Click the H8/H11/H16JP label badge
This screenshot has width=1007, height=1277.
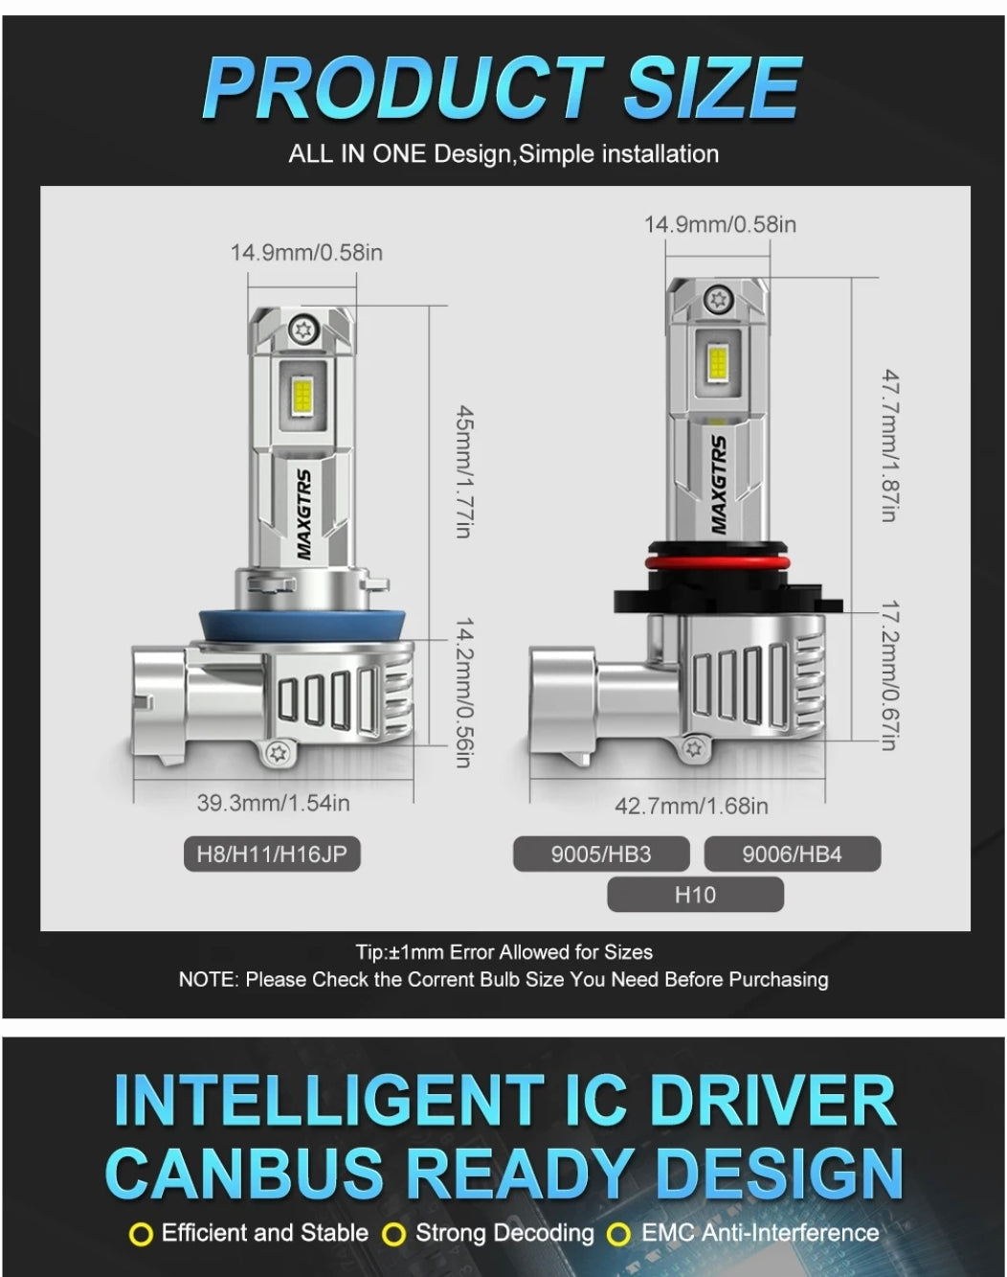point(272,854)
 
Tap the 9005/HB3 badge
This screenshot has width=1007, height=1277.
point(601,854)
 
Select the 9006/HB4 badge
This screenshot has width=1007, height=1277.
point(792,854)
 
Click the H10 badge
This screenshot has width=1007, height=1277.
point(695,894)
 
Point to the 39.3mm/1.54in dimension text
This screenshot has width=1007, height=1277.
point(274,803)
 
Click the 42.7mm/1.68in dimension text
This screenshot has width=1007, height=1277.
point(691,806)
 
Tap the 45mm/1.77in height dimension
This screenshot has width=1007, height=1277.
point(464,471)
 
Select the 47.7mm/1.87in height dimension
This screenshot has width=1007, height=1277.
point(891,445)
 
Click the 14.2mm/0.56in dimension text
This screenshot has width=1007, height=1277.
point(464,692)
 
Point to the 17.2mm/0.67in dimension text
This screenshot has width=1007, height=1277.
point(891,675)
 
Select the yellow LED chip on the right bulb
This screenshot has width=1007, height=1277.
point(718,367)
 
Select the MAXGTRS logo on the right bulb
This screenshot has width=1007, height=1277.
point(718,485)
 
